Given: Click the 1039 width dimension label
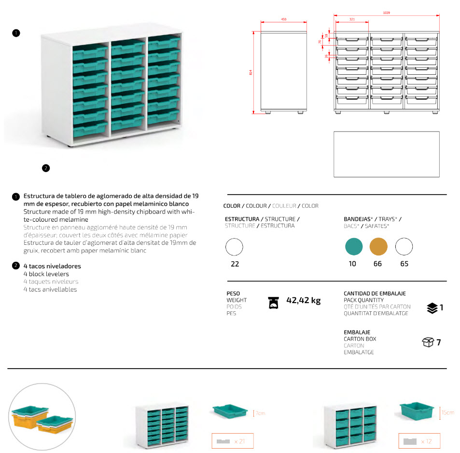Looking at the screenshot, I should pyautogui.click(x=386, y=13).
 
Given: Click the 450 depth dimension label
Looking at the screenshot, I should pyautogui.click(x=284, y=19).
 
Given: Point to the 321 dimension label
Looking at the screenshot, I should pyautogui.click(x=351, y=19).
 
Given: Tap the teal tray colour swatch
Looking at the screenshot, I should pyautogui.click(x=354, y=247).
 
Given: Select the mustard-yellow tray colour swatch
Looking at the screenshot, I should pyautogui.click(x=378, y=247).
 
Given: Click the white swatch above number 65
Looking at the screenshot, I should pyautogui.click(x=404, y=247).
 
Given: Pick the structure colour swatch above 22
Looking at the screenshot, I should pyautogui.click(x=235, y=248).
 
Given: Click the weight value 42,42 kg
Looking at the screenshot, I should pyautogui.click(x=304, y=301).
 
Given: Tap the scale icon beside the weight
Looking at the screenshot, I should pyautogui.click(x=274, y=302).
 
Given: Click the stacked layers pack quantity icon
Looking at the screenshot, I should pyautogui.click(x=432, y=308).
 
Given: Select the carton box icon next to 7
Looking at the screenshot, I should pyautogui.click(x=428, y=343).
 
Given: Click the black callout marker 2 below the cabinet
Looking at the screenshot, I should pyautogui.click(x=46, y=168).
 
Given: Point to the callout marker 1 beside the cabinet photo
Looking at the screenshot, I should pyautogui.click(x=16, y=33).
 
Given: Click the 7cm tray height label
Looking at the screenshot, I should pyautogui.click(x=260, y=413).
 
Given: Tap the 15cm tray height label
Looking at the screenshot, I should pyautogui.click(x=447, y=413).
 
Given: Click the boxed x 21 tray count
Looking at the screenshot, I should pyautogui.click(x=232, y=441).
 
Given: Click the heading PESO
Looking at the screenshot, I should pyautogui.click(x=233, y=293).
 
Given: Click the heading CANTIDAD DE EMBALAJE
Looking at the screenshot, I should pyautogui.click(x=375, y=293).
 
